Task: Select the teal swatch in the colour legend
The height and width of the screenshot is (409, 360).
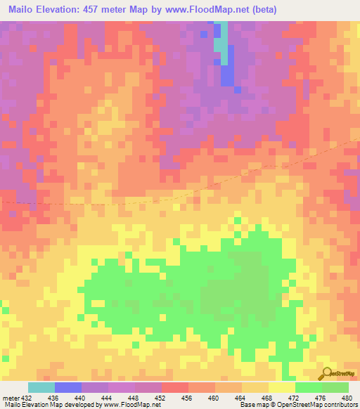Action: click(x=41, y=387)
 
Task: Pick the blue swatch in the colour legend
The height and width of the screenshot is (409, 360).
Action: click(x=68, y=387)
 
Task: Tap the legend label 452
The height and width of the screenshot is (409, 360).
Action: click(x=161, y=397)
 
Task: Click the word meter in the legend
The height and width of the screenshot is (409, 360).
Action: click(x=10, y=397)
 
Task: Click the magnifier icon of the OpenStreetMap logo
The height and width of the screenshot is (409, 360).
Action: click(x=326, y=372)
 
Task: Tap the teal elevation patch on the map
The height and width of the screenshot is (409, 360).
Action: click(x=221, y=43)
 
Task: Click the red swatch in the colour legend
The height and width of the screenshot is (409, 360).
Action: click(x=175, y=387)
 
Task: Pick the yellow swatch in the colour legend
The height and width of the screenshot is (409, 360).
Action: click(x=282, y=387)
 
